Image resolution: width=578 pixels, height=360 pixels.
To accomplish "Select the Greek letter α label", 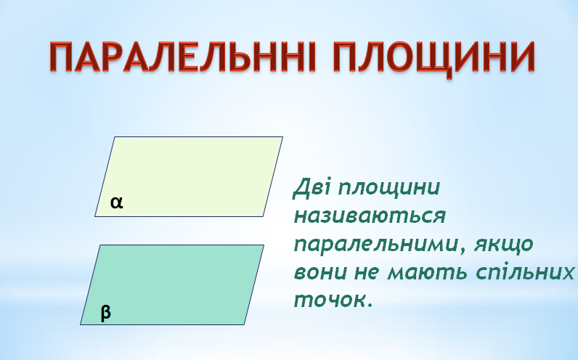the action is point(116,202).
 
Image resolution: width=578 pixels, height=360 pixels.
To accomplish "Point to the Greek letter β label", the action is point(106,314).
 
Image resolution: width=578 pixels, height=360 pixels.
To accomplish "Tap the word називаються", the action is point(370,216).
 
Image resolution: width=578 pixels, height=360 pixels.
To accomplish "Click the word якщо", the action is point(504,245).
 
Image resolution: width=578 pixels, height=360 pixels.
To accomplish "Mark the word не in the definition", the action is point(367,273).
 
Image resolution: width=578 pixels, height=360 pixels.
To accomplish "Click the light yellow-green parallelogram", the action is point(189,176).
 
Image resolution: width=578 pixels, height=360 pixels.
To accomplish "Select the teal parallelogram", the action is point(172,285).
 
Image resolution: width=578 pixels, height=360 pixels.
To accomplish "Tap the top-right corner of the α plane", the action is point(282,137).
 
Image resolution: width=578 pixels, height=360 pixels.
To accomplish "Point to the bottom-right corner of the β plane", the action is point(244,324).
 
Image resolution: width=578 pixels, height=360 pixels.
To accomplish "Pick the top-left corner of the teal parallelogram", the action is point(100,245).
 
